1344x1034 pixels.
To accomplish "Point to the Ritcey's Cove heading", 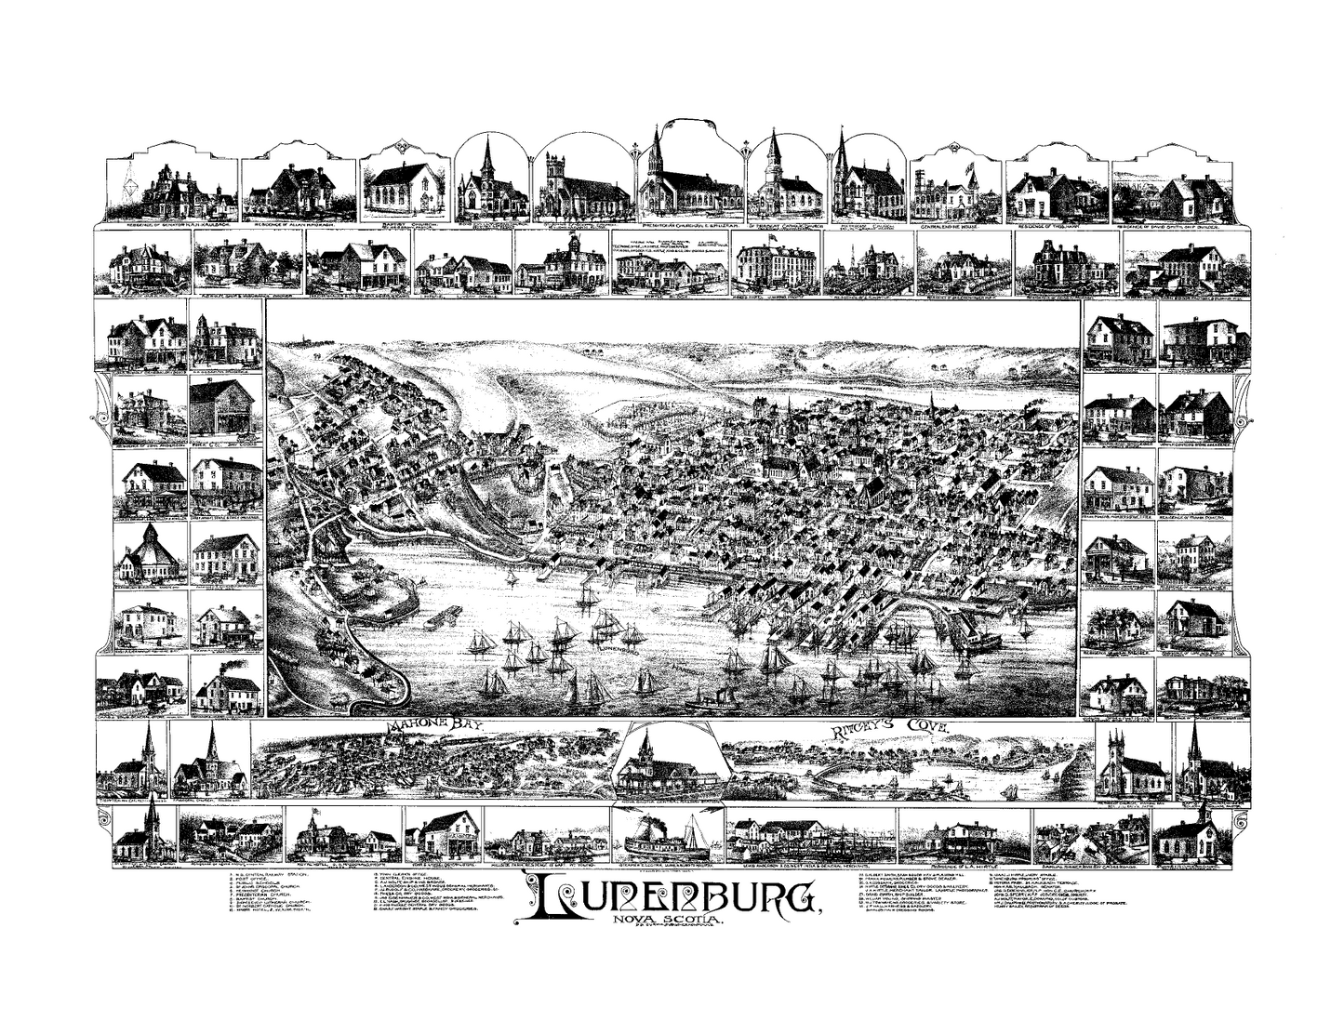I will (879, 729).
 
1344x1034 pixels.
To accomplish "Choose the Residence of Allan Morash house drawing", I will (293, 190).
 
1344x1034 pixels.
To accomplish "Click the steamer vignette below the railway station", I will (665, 837).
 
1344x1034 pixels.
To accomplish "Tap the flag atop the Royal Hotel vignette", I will (314, 811).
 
